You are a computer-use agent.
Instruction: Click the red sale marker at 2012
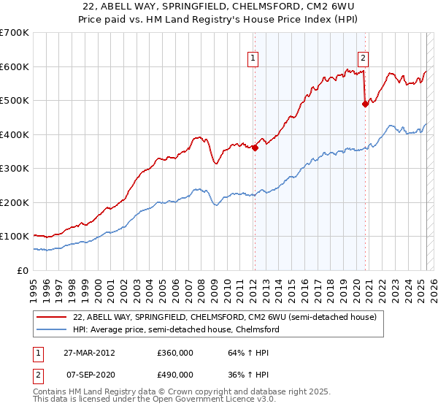pyautogui.click(x=255, y=148)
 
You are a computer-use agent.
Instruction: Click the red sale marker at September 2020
pyautogui.click(x=365, y=104)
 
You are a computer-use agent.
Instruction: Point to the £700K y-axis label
pyautogui.click(x=15, y=33)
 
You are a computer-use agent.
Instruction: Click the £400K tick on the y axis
pyautogui.click(x=15, y=134)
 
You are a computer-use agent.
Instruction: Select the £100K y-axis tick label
pyautogui.click(x=15, y=237)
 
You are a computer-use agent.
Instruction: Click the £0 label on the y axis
pyautogui.click(x=23, y=270)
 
